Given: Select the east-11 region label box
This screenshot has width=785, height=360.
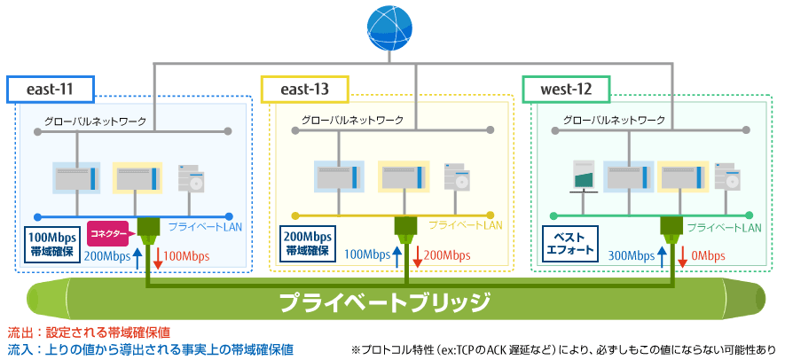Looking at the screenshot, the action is tap(50, 90).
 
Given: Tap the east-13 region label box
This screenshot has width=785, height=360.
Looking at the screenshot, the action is tap(305, 90).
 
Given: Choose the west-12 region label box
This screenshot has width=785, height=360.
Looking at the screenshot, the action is tap(566, 90).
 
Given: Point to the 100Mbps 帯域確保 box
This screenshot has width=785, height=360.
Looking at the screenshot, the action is tap(52, 245).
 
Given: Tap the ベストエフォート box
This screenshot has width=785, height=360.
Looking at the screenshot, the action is tap(570, 245).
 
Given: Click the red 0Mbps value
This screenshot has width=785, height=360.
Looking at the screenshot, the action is tap(707, 256).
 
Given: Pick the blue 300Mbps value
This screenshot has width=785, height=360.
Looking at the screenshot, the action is tap(632, 256).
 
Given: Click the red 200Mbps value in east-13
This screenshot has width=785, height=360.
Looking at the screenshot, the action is tap(446, 256).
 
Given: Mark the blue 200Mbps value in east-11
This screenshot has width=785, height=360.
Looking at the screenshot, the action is tap(108, 256).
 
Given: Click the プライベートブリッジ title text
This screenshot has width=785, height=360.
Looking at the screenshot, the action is tap(384, 301).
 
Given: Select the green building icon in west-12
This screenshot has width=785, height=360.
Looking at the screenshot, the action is tap(585, 176).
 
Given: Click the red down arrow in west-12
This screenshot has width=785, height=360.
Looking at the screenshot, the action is tap(682, 256).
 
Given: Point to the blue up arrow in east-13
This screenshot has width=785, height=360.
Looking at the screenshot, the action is tap(397, 256).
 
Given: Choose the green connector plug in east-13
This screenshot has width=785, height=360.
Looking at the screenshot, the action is tap(406, 231).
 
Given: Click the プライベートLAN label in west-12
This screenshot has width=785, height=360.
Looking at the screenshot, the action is tap(724, 228).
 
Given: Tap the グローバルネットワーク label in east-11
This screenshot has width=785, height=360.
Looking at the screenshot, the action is tap(96, 121).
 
